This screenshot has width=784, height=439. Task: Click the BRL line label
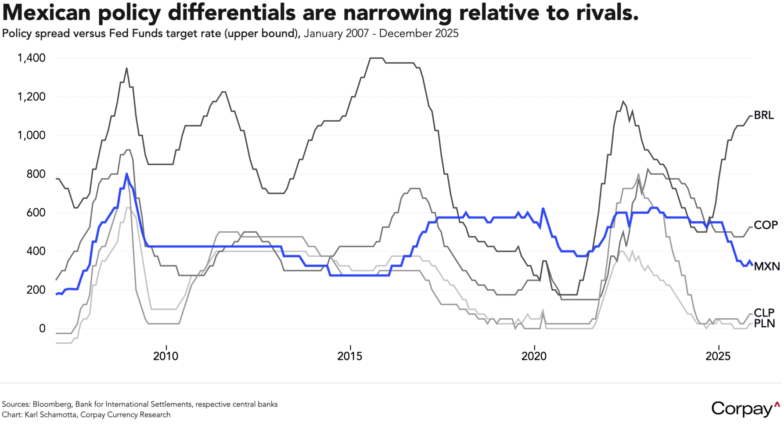click(x=764, y=115)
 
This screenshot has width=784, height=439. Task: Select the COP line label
click(x=766, y=225)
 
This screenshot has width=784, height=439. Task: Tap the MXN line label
click(x=766, y=266)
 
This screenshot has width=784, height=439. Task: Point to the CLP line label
click(x=764, y=313)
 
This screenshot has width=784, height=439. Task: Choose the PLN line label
click(x=764, y=324)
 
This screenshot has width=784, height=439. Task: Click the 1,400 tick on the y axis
click(x=31, y=58)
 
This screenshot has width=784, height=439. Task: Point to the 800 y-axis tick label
click(x=36, y=174)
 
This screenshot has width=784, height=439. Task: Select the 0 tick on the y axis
click(x=42, y=328)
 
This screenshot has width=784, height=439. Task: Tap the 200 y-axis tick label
click(x=36, y=290)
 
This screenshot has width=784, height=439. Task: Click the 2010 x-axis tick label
click(x=165, y=356)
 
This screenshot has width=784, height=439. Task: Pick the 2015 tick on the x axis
click(x=350, y=356)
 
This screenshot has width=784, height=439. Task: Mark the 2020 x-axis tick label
click(x=534, y=356)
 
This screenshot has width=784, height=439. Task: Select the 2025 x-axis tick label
click(x=718, y=356)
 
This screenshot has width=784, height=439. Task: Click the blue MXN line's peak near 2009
click(x=127, y=174)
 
